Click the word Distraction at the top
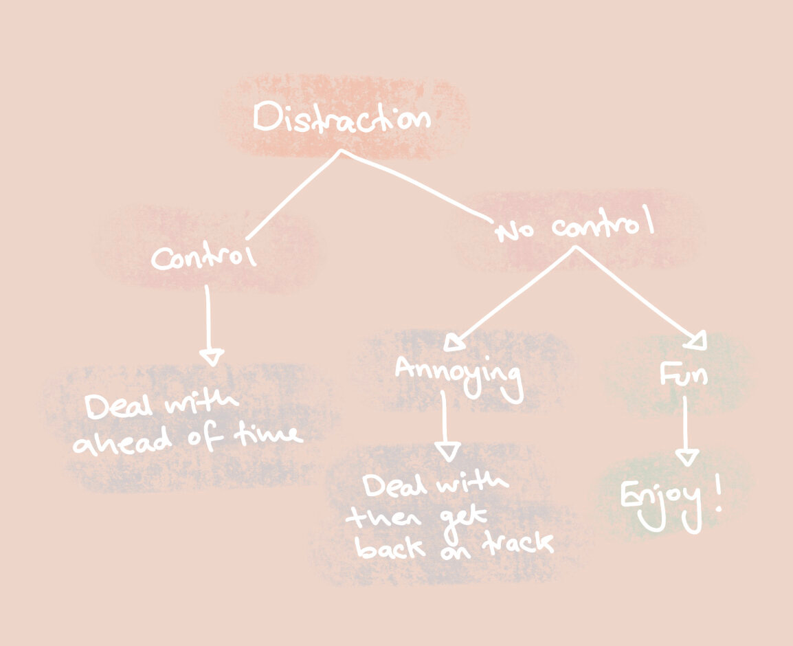(x=342, y=119)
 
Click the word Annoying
(x=457, y=374)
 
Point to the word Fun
(x=684, y=375)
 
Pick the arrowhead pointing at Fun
(x=698, y=339)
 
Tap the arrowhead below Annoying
(x=448, y=452)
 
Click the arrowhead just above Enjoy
(x=686, y=457)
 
